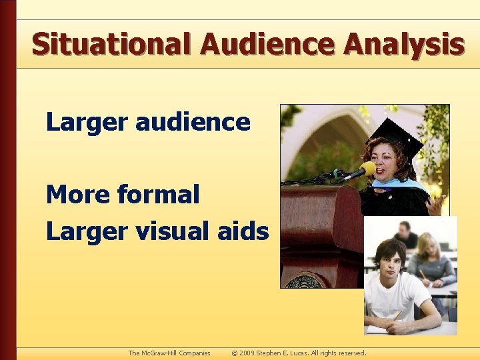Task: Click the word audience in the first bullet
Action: point(193,122)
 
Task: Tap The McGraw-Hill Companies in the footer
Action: point(169,353)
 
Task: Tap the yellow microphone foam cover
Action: point(367,169)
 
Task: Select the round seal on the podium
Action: point(306,281)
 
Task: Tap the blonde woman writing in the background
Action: point(430,257)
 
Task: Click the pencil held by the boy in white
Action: point(397,316)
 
